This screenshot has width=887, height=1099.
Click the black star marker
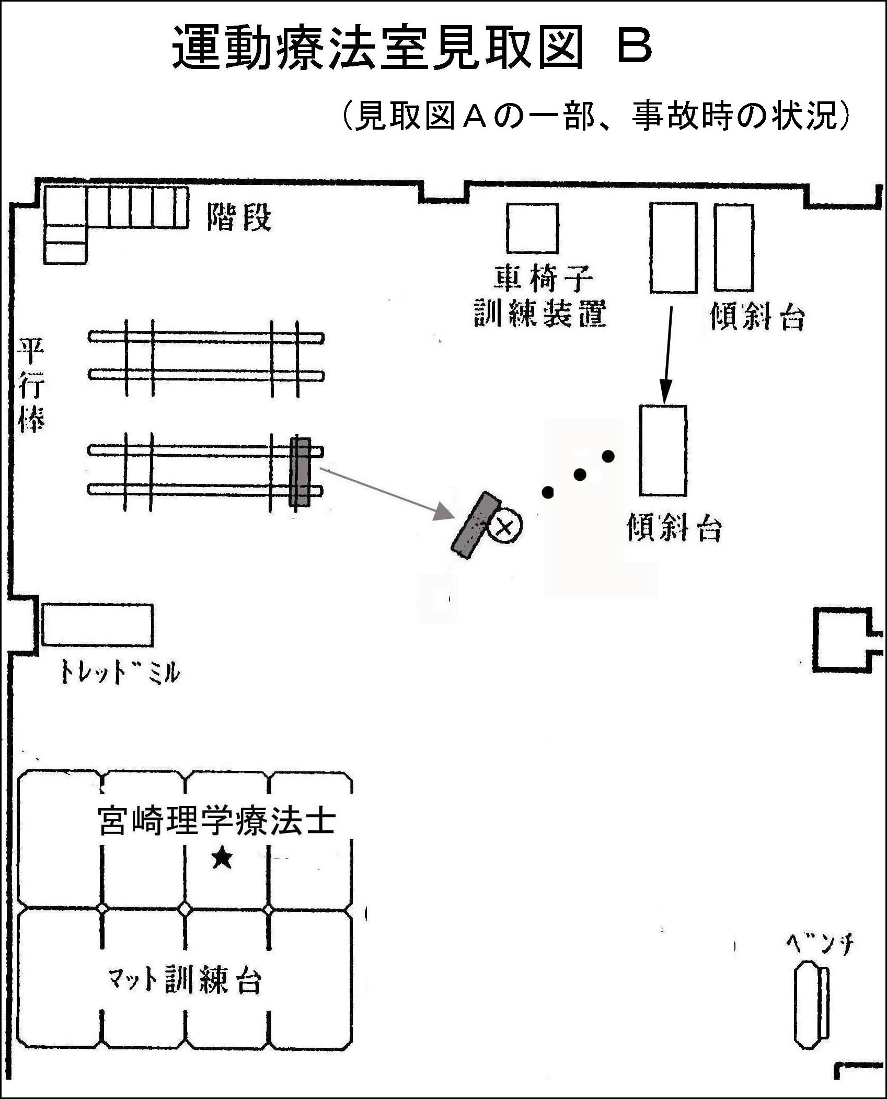click(x=222, y=858)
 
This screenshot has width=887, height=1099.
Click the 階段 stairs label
click(x=239, y=217)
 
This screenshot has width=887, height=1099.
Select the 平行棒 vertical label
click(x=31, y=385)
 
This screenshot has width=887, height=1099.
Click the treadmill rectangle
click(x=97, y=625)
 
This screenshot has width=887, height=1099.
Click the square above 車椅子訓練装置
click(x=532, y=228)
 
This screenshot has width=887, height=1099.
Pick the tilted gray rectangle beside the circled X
click(x=476, y=525)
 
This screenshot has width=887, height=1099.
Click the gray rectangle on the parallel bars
click(x=300, y=472)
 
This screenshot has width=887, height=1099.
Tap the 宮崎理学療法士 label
click(x=216, y=821)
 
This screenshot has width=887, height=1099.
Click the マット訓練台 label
click(x=184, y=980)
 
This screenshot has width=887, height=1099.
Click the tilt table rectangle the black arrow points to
click(x=663, y=450)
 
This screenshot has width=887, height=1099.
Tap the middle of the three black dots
click(x=579, y=475)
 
